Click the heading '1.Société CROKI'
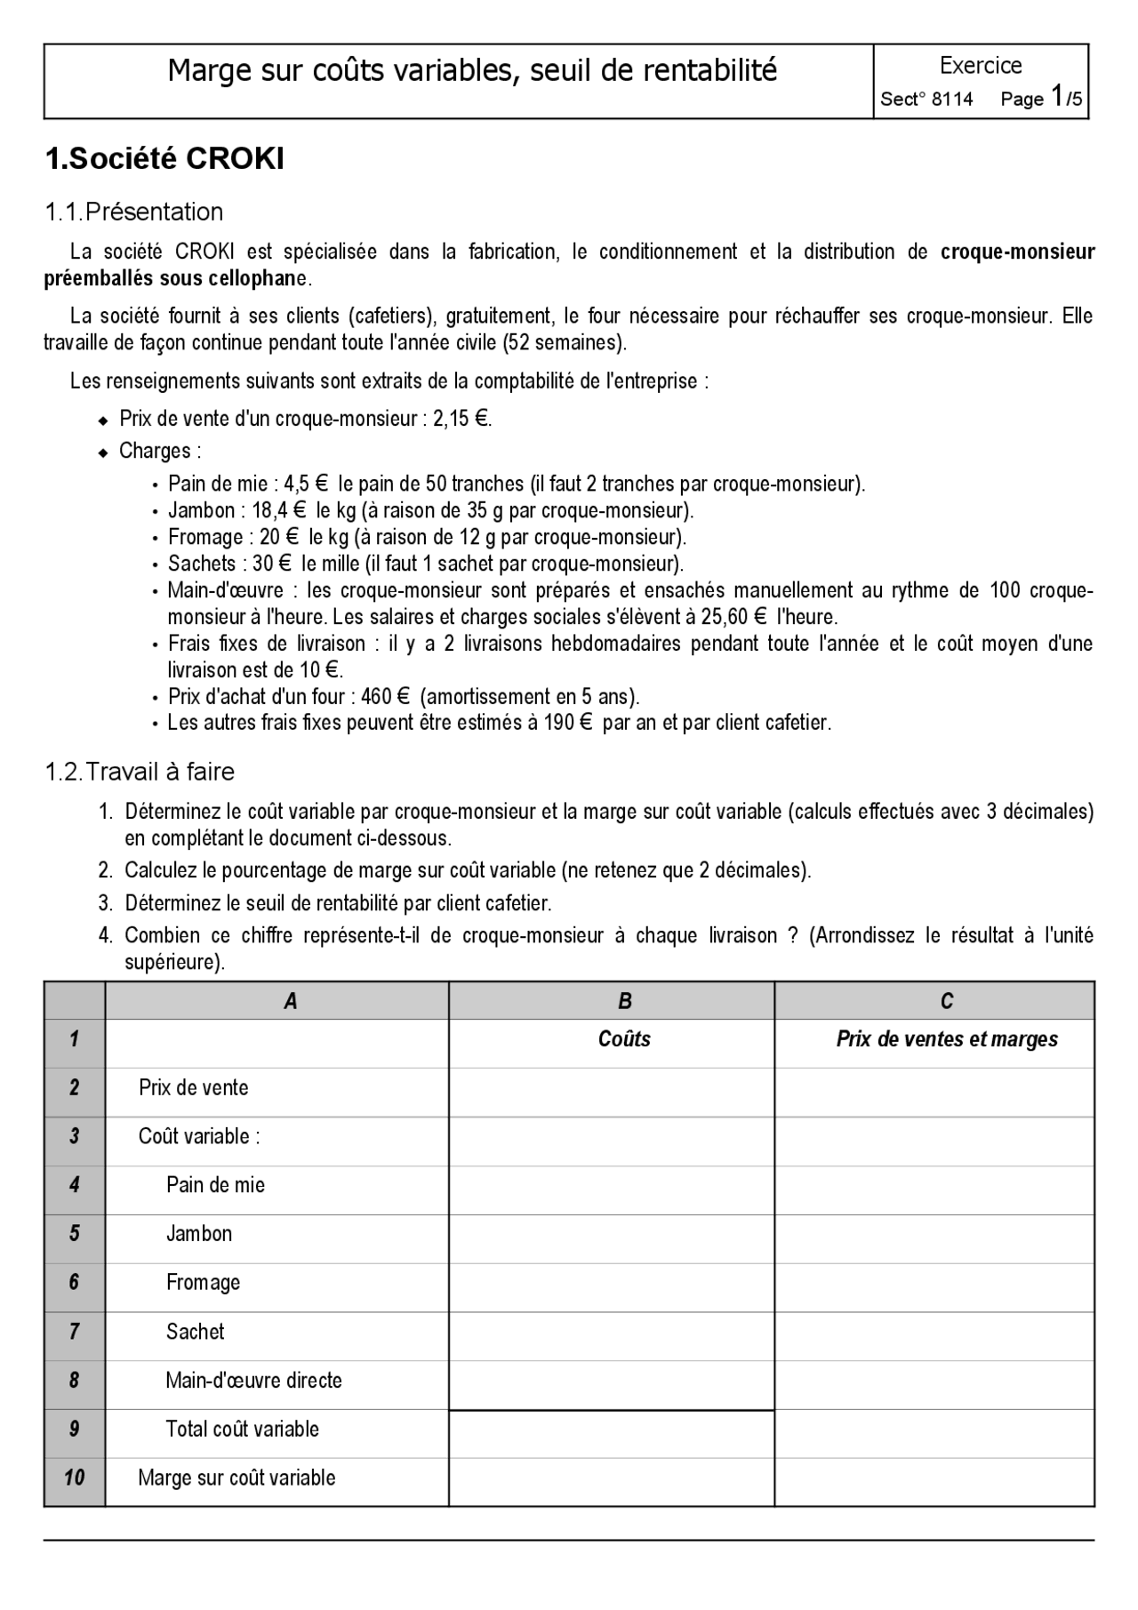(x=164, y=159)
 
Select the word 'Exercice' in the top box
(x=981, y=66)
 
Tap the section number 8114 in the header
(x=951, y=100)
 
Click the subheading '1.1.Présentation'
(x=134, y=212)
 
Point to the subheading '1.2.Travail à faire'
(x=140, y=772)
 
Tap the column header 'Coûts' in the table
(x=624, y=1039)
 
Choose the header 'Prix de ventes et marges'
(x=947, y=1039)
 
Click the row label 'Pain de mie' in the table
(x=215, y=1185)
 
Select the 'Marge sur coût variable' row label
(x=236, y=1478)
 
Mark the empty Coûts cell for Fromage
(x=612, y=1283)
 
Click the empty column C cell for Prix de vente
(x=934, y=1088)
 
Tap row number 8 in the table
(x=74, y=1380)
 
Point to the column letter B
(x=625, y=1001)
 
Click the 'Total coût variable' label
(x=242, y=1429)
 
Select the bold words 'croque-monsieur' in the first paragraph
(x=1017, y=252)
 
